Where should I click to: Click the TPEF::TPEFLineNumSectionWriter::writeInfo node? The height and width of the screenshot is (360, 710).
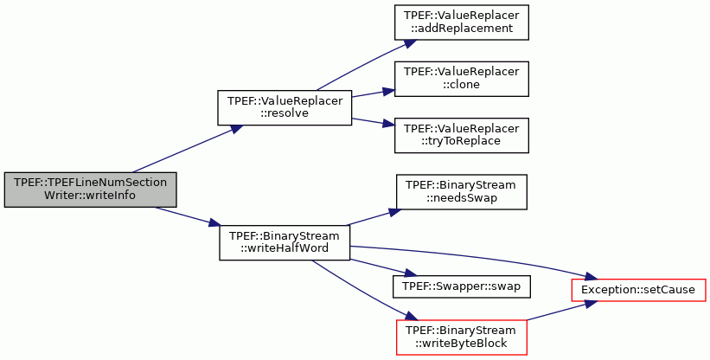pyautogui.click(x=90, y=190)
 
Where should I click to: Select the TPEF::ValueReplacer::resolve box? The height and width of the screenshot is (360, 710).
pyautogui.click(x=285, y=108)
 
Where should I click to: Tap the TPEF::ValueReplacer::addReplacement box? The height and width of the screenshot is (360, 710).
pyautogui.click(x=462, y=22)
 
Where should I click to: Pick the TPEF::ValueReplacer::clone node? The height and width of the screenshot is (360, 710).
pyautogui.click(x=462, y=79)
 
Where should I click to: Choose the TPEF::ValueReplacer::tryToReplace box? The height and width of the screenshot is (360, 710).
pyautogui.click(x=462, y=135)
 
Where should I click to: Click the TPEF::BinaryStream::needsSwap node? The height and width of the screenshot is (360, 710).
pyautogui.click(x=462, y=192)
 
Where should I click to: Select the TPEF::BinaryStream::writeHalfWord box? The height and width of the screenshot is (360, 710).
pyautogui.click(x=285, y=242)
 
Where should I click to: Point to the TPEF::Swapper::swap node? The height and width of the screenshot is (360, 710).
pyautogui.click(x=462, y=286)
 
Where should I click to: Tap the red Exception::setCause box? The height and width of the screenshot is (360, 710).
pyautogui.click(x=638, y=290)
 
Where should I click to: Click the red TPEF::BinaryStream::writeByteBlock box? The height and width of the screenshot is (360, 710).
pyautogui.click(x=462, y=337)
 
